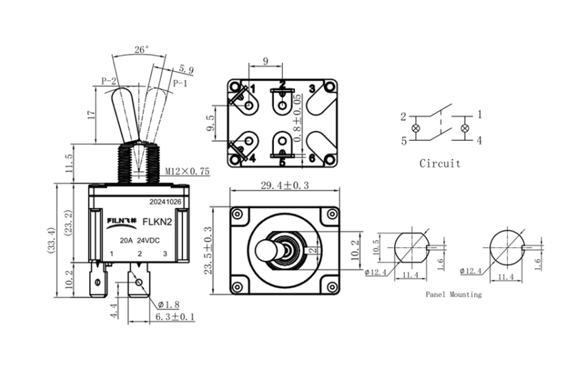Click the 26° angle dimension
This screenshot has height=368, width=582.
[141, 49]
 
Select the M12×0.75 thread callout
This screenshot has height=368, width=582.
[187, 171]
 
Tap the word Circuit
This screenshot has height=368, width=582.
[440, 164]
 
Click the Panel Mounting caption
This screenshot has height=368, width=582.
[453, 294]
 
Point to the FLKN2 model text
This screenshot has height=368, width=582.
[156, 221]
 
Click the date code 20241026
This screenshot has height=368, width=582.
[165, 202]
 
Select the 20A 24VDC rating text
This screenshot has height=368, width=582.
[140, 240]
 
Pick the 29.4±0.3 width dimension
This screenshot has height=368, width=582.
[284, 186]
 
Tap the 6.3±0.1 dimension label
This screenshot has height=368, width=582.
[175, 317]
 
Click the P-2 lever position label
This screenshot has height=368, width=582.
[109, 81]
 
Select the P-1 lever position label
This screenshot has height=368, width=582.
[180, 83]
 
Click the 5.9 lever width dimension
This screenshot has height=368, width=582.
[186, 70]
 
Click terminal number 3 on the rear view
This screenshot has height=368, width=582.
[312, 88]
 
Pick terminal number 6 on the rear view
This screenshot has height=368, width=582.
[311, 158]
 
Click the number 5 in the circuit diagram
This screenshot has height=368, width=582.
[404, 141]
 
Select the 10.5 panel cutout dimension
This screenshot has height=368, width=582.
[376, 247]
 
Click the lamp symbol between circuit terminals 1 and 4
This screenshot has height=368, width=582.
[465, 128]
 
